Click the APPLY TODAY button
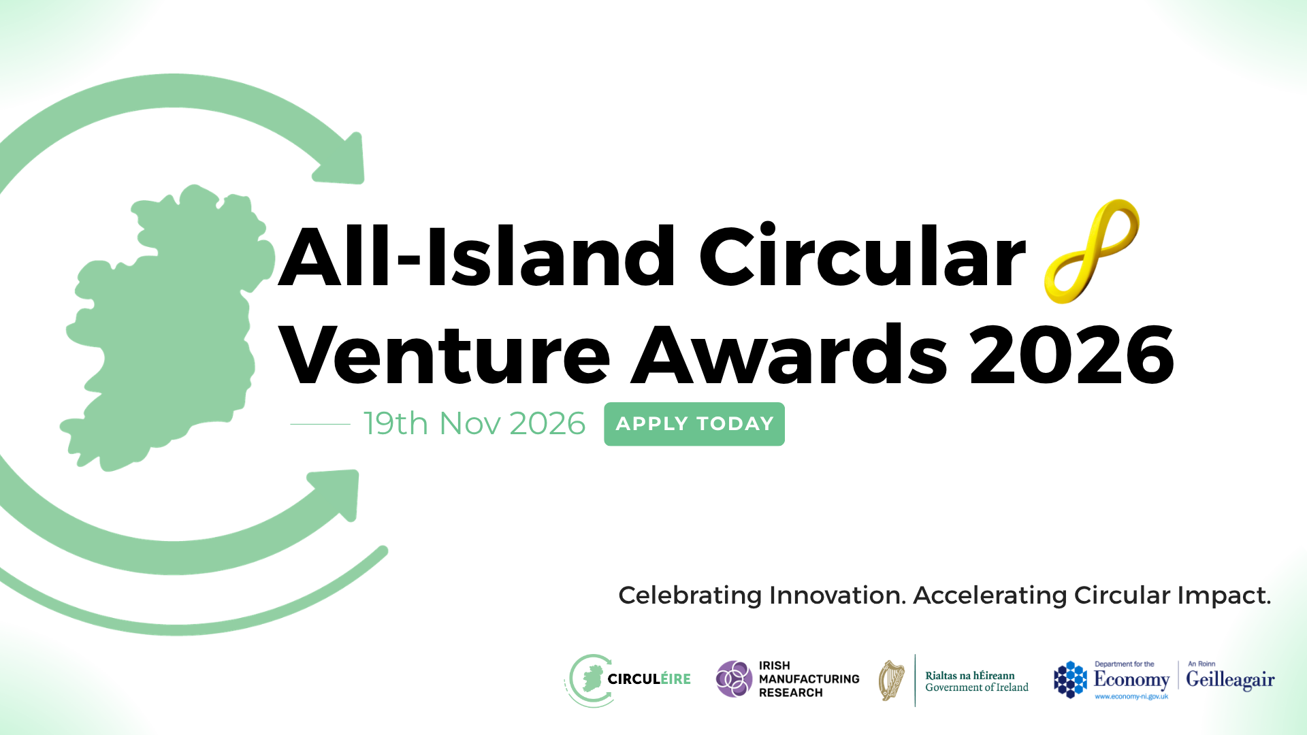point(694,424)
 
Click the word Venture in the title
point(445,355)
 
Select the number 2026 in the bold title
point(1072,355)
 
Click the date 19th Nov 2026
point(474,424)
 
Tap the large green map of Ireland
point(167,327)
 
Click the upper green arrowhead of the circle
point(340,160)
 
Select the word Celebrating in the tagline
point(690,596)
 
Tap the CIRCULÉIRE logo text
point(649,679)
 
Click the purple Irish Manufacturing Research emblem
point(734,679)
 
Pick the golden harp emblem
point(891,680)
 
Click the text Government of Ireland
point(977,687)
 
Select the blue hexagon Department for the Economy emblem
point(1070,679)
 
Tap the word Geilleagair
point(1230,681)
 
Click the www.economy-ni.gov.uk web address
point(1131,697)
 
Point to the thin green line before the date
point(320,424)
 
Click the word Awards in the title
point(790,355)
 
